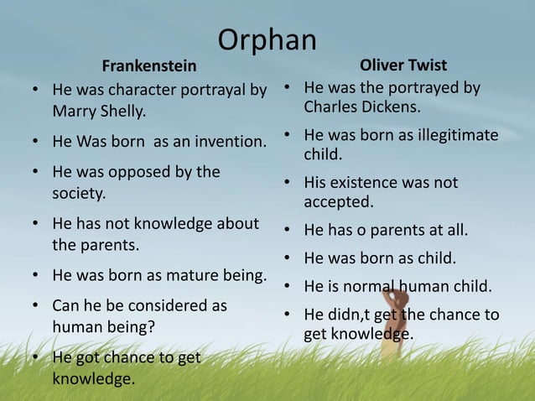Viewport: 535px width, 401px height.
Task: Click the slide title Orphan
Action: tap(267, 39)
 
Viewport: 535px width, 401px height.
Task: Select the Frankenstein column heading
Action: tap(149, 65)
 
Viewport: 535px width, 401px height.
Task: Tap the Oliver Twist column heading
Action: tap(403, 65)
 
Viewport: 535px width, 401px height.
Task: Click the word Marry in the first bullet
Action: tap(75, 111)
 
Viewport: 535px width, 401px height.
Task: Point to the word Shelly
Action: tap(122, 111)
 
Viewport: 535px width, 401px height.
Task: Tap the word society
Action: tap(79, 193)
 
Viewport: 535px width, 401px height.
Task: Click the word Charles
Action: tap(330, 107)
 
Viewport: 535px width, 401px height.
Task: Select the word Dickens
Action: tap(391, 107)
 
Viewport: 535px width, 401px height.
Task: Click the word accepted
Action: tap(338, 202)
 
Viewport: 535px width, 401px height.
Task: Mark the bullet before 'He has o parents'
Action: tap(287, 230)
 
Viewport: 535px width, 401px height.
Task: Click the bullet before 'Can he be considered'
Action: tap(35, 306)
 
